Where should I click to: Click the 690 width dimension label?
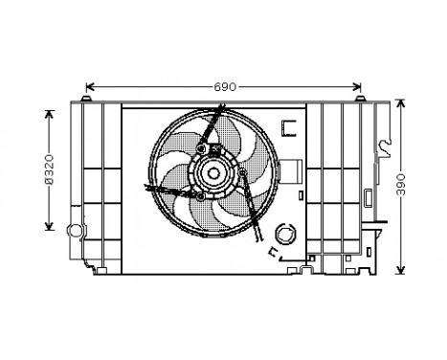pos(223,87)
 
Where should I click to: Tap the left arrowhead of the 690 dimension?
pos(90,87)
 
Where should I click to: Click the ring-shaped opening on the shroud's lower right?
pos(283,232)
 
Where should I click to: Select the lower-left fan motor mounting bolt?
pos(193,194)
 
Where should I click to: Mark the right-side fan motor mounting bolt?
pos(243,173)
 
